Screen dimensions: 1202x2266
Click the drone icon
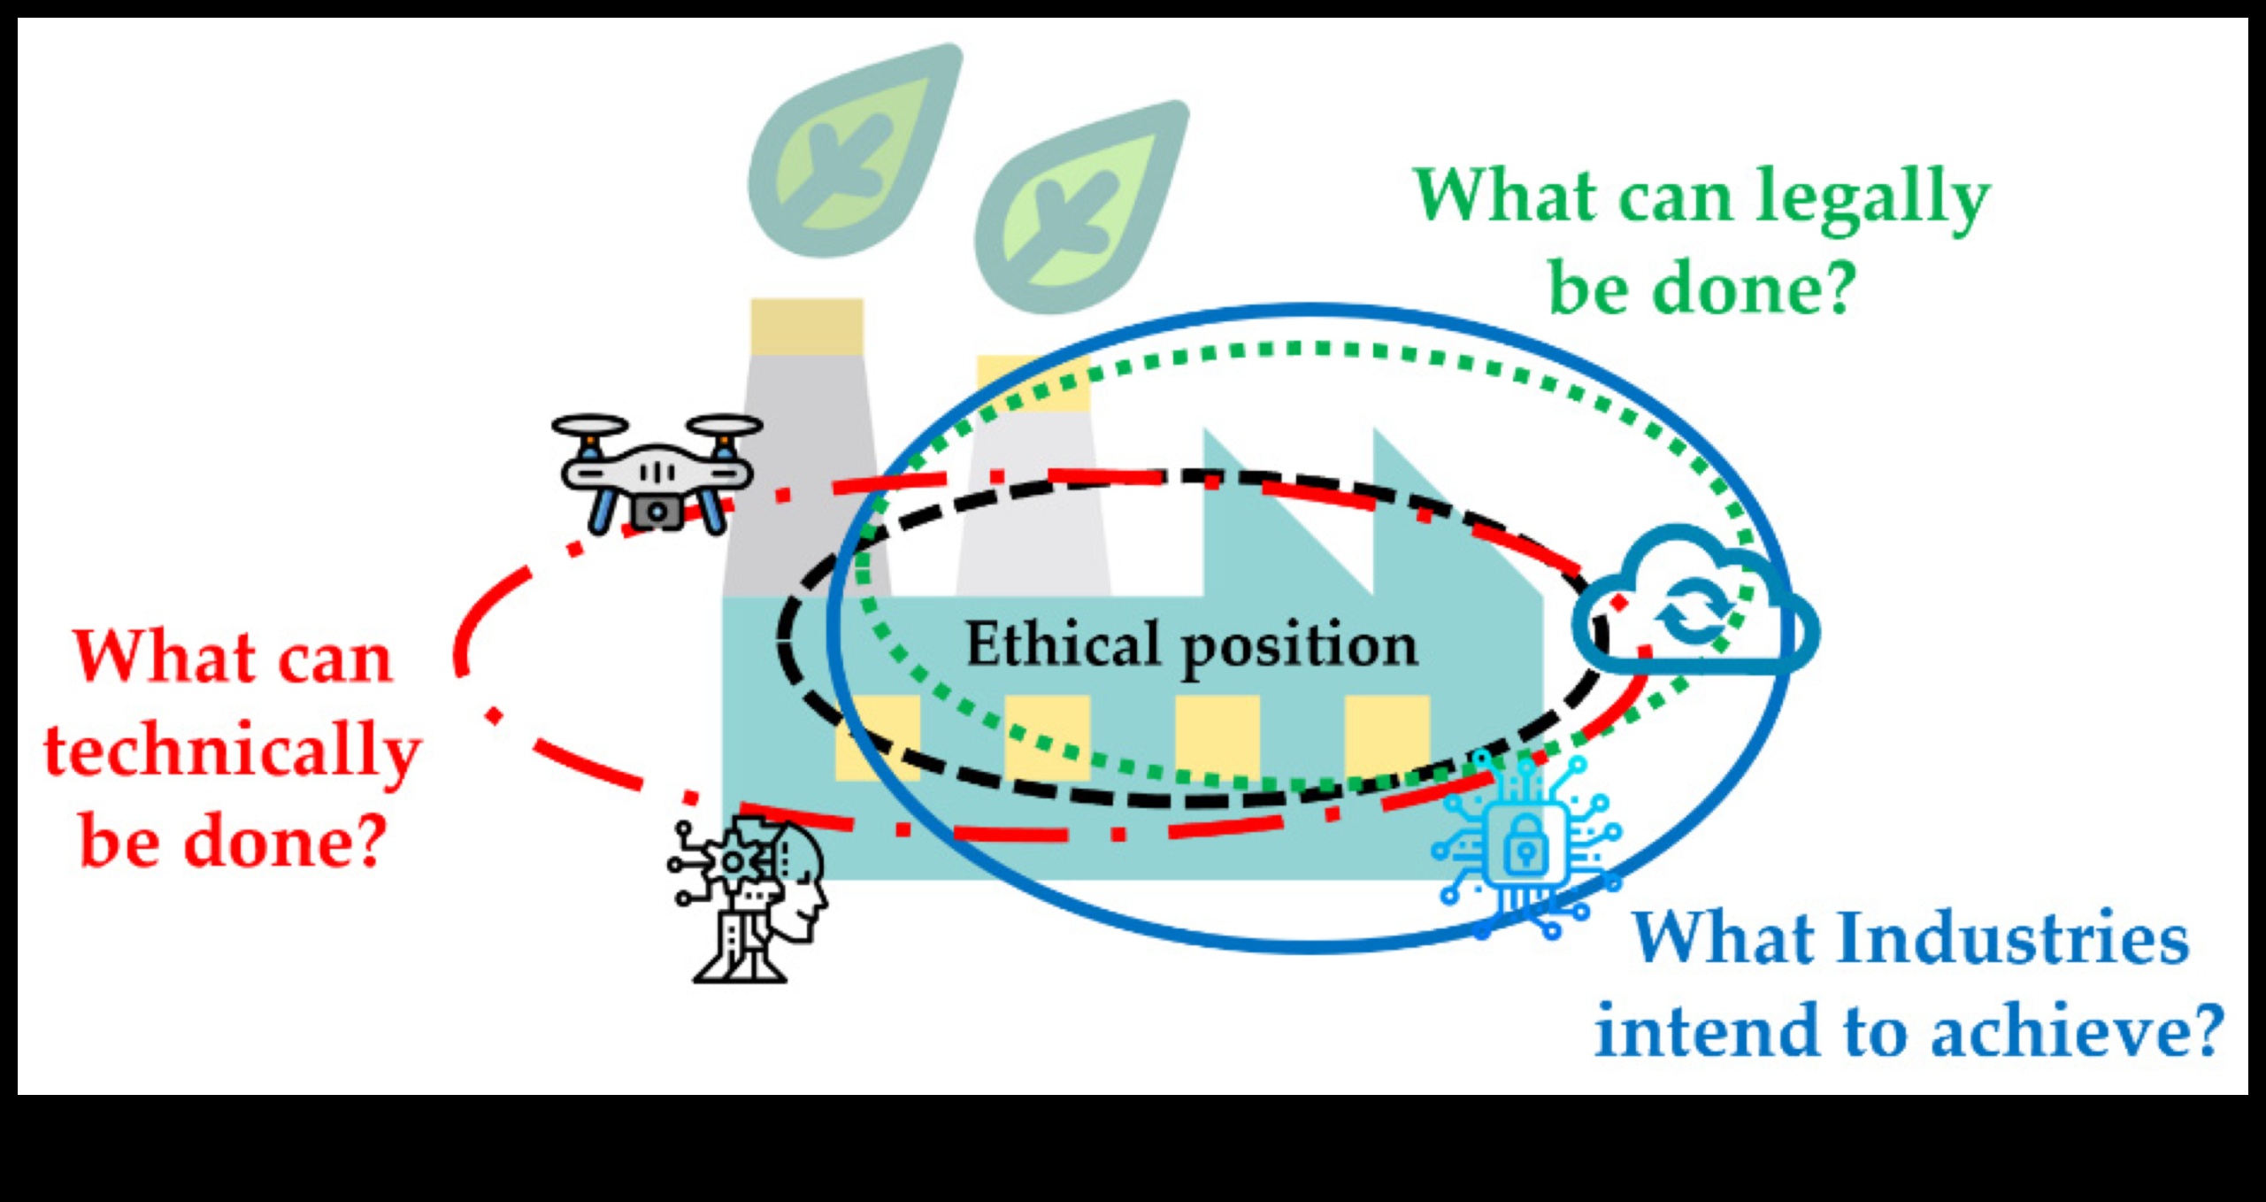[x=657, y=474]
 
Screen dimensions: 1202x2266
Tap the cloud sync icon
[x=1694, y=602]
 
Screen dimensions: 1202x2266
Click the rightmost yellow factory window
[x=1386, y=735]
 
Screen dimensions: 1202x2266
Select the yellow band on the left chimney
[x=806, y=327]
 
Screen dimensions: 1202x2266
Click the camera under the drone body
[x=657, y=511]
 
